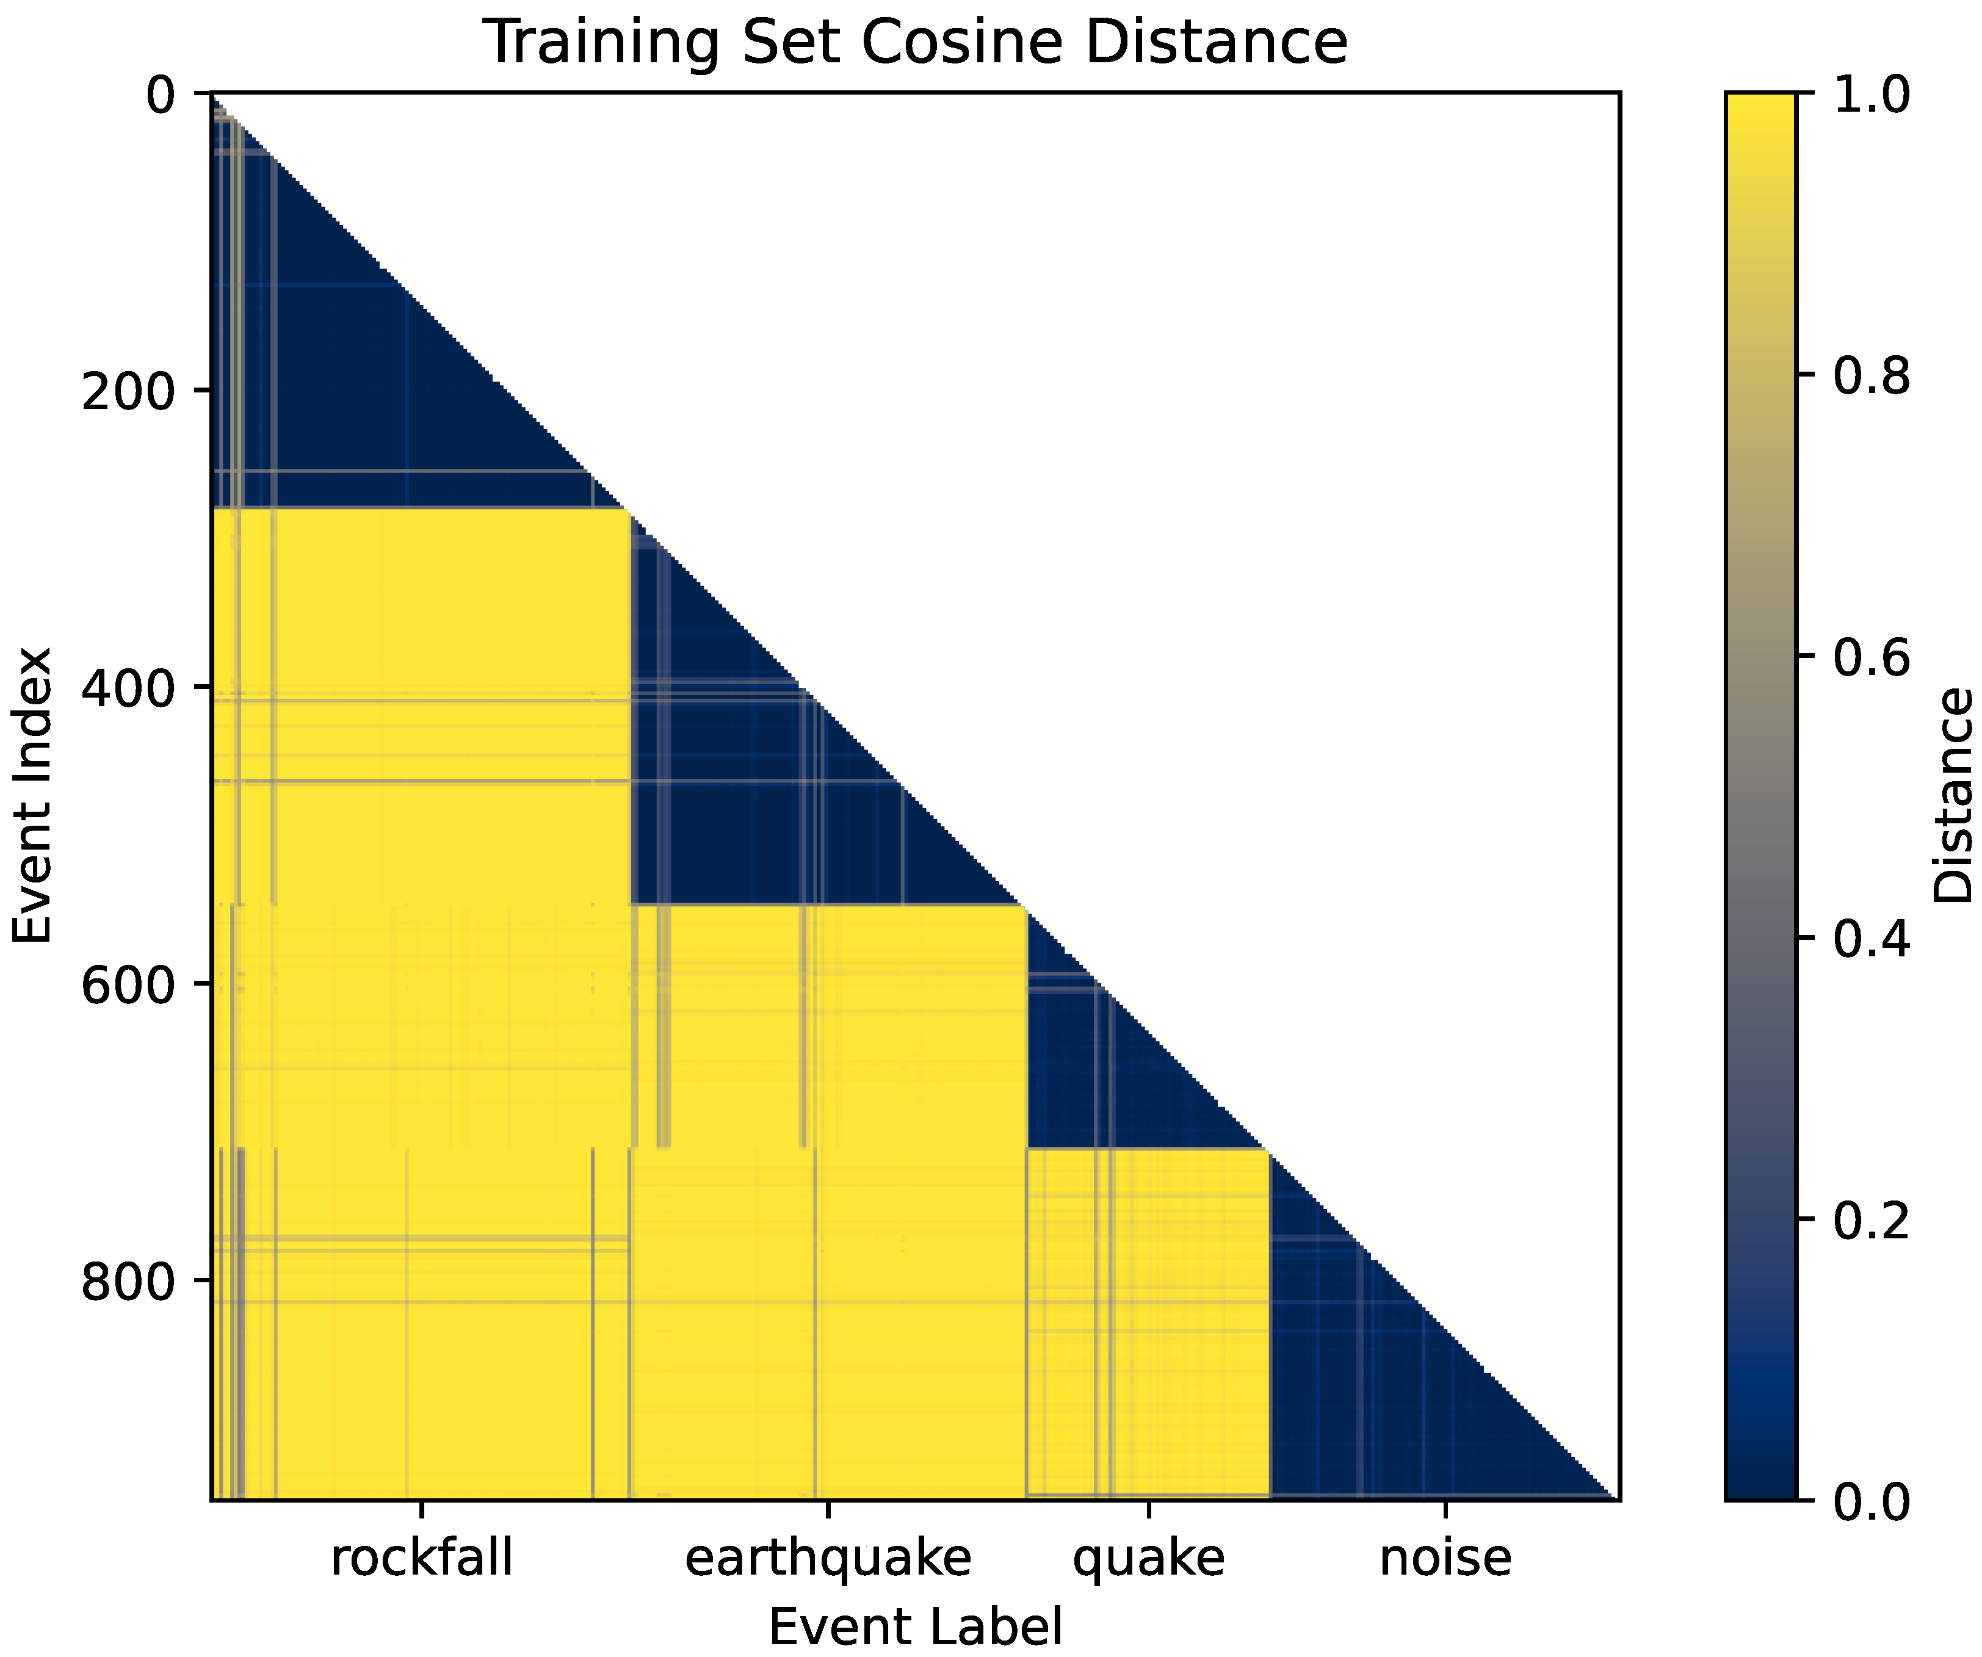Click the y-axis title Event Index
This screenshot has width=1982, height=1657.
click(32, 795)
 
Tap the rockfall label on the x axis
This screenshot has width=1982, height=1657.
click(421, 1557)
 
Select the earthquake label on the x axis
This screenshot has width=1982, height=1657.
click(828, 1557)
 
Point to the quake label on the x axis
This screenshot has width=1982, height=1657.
click(1149, 1557)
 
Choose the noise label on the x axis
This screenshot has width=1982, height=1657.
click(1445, 1557)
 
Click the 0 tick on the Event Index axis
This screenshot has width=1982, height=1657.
click(161, 95)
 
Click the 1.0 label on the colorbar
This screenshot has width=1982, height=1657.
click(1872, 95)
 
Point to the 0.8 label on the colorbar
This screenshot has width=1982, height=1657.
click(1872, 375)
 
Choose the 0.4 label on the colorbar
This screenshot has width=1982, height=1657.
click(1872, 938)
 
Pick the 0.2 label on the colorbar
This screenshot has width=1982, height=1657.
click(1872, 1219)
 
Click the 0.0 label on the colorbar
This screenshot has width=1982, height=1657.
click(1872, 1500)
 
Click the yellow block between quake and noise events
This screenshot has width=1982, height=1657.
click(1148, 1321)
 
